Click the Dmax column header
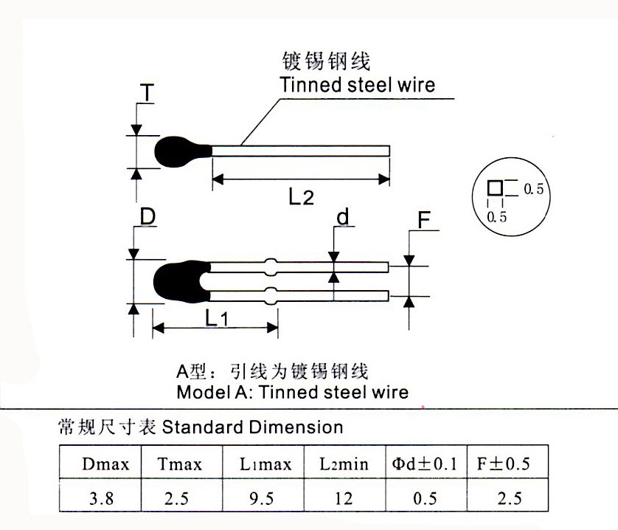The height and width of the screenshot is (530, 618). (106, 464)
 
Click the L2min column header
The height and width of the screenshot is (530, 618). (344, 464)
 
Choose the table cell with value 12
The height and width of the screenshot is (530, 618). (344, 498)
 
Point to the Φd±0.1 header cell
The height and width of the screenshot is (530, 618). (425, 464)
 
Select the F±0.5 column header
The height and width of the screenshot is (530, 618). (509, 464)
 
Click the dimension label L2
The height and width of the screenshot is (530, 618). (301, 197)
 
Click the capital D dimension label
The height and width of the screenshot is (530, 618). (147, 217)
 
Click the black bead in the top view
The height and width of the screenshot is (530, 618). (180, 151)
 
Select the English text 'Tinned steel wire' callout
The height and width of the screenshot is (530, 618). (357, 85)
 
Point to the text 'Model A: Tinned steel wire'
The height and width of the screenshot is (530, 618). (292, 391)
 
